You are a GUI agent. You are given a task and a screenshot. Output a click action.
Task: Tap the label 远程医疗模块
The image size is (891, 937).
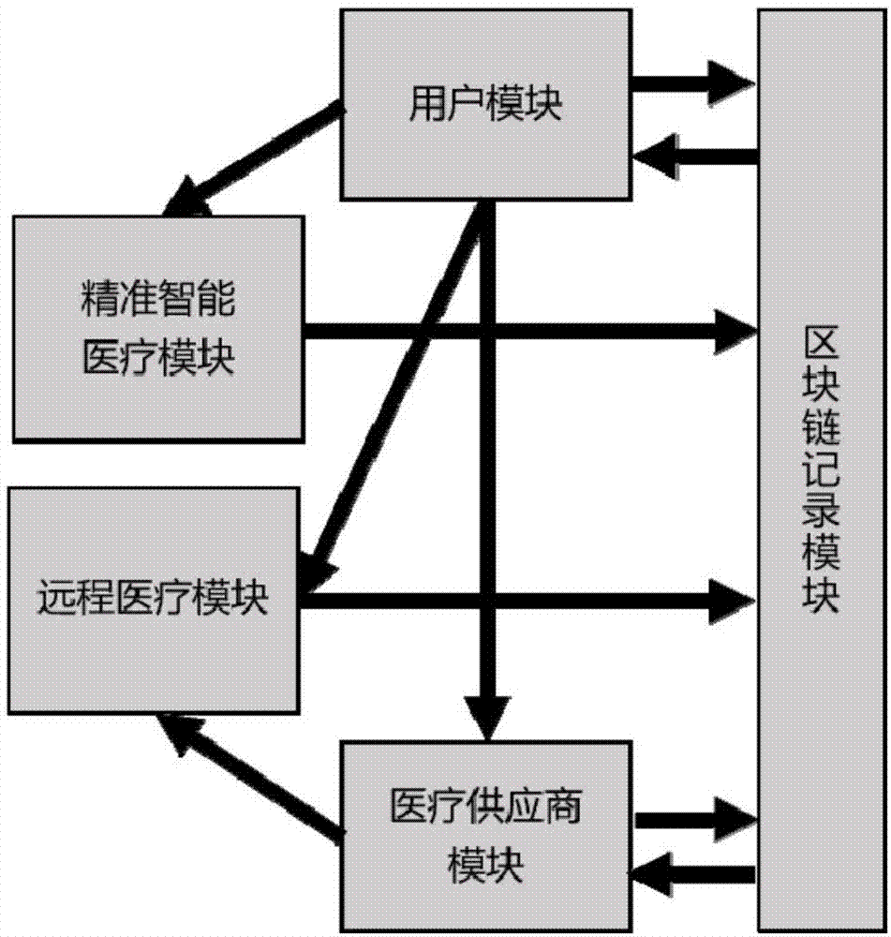(155, 597)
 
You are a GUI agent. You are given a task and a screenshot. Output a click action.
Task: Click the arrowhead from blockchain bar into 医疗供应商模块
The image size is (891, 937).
(656, 873)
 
